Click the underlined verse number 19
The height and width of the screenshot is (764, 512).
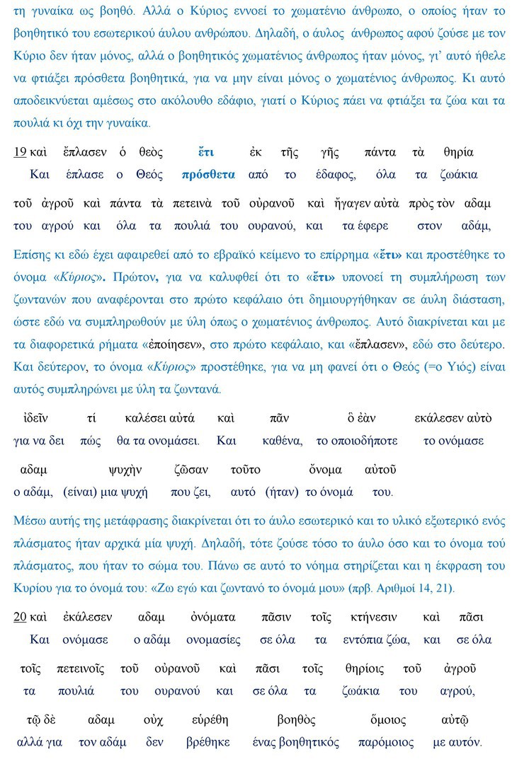21,152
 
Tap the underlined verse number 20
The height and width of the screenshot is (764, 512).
21,617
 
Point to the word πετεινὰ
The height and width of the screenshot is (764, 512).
193,204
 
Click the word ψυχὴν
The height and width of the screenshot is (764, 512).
125,470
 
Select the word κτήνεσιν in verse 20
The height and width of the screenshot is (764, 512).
374,617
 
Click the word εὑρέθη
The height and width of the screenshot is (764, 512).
210,720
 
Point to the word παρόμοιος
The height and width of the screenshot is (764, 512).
387,742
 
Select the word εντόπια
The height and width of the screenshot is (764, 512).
363,639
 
